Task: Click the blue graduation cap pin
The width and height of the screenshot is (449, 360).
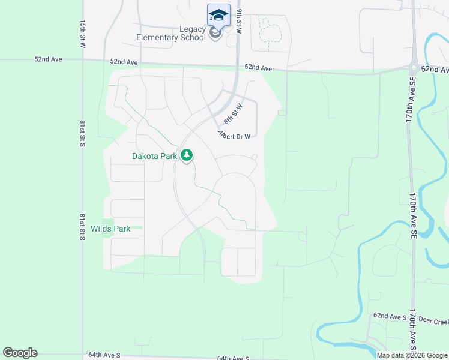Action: [218, 14]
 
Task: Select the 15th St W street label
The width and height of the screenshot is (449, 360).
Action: [83, 33]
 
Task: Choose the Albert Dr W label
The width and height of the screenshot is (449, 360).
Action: [234, 136]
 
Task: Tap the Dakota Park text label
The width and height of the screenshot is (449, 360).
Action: [155, 156]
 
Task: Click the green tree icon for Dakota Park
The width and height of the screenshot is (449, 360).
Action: [187, 156]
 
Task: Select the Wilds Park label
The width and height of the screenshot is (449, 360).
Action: [110, 229]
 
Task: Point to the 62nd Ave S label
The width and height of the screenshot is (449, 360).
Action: [390, 315]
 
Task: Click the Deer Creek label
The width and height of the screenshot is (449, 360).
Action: [433, 320]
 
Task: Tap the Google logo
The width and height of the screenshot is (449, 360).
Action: [20, 353]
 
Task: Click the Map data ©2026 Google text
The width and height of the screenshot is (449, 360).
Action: [412, 355]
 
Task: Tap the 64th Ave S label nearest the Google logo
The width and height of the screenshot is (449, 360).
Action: [104, 355]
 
